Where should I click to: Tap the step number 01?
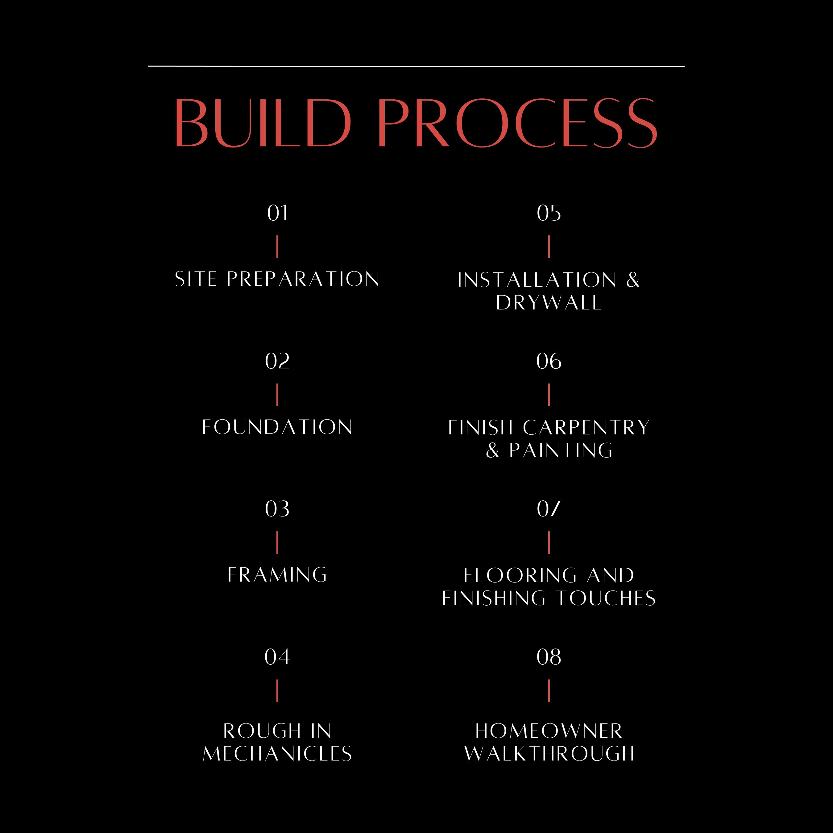[277, 213]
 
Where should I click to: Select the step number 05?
[549, 213]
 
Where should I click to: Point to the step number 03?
[277, 509]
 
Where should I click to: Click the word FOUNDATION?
[277, 427]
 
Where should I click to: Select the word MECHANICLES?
[277, 754]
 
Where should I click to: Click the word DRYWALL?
[549, 303]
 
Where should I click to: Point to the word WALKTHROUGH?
[549, 754]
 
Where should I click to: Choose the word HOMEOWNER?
[549, 731]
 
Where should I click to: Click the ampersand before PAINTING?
[493, 450]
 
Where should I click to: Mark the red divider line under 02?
[277, 395]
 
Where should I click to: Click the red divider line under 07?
[549, 542]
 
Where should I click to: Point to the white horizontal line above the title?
[416, 66]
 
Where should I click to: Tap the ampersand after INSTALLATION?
[632, 280]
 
